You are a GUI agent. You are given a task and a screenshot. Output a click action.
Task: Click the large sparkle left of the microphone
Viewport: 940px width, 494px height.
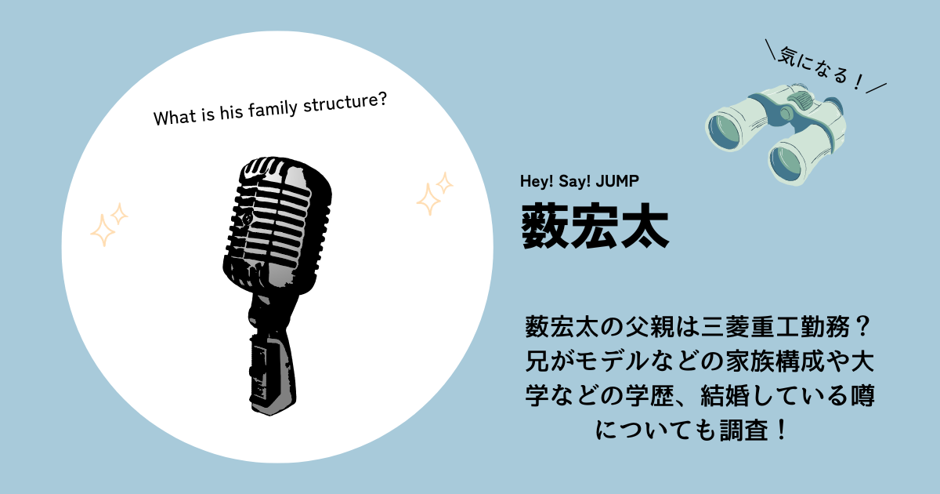pyautogui.click(x=103, y=231)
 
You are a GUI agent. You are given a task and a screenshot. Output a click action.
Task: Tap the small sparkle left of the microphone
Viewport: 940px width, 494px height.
pyautogui.click(x=120, y=214)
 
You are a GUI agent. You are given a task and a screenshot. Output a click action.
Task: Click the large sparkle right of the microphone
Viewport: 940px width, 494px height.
pyautogui.click(x=429, y=199)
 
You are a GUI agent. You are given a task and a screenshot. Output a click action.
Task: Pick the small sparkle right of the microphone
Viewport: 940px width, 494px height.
pyautogui.click(x=444, y=183)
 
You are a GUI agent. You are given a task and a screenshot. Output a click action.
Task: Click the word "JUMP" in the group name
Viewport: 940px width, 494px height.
pyautogui.click(x=617, y=181)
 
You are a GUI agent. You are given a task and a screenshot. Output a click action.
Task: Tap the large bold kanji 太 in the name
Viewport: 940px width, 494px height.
pyautogui.click(x=645, y=226)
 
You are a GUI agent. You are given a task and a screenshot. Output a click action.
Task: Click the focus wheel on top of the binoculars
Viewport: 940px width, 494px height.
pyautogui.click(x=800, y=99)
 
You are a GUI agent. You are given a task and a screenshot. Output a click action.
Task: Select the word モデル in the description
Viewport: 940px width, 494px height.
pyautogui.click(x=612, y=361)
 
